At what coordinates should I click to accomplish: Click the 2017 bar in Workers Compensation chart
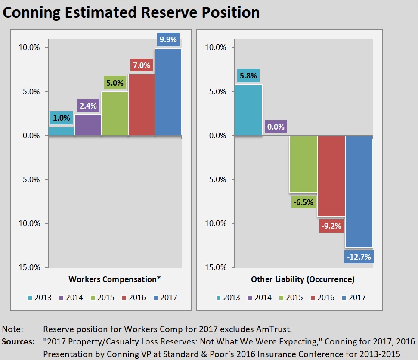(168, 93)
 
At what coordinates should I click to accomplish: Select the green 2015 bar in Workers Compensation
(115, 114)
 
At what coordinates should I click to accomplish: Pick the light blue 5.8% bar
(248, 110)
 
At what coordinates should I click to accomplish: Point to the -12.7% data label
(359, 257)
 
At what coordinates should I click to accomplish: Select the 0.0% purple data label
(276, 127)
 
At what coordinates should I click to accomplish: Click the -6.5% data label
(303, 201)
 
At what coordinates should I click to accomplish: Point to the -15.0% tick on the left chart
(28, 267)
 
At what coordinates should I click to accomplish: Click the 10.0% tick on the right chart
(216, 47)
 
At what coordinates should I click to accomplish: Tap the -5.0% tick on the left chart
(30, 180)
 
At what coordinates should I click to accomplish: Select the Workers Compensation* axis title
(115, 279)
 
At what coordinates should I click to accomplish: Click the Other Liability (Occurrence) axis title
(303, 279)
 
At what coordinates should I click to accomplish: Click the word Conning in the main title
(30, 12)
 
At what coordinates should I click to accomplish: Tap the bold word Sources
(18, 342)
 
